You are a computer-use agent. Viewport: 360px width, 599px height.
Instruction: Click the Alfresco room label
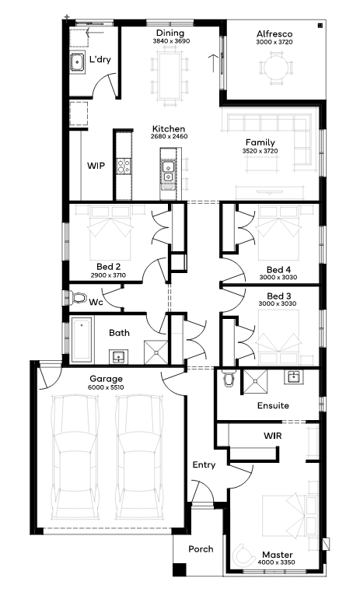point(274,33)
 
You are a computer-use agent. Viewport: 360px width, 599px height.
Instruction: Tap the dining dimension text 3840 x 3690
point(171,41)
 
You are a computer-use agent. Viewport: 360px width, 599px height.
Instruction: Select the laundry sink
point(77,62)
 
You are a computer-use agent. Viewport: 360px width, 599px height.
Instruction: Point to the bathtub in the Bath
point(82,340)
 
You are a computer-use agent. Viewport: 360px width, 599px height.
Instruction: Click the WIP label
point(96,166)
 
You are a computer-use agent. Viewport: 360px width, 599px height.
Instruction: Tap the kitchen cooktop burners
point(124,166)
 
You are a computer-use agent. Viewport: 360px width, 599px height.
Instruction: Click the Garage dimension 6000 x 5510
point(107,387)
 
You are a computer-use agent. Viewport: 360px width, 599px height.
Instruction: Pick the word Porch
point(201,549)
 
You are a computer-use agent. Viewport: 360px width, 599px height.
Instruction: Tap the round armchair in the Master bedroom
point(244,555)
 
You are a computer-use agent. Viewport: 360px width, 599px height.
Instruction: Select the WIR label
point(273,436)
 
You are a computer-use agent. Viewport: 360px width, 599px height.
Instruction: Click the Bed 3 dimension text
point(278,303)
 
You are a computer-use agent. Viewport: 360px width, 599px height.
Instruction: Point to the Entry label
point(204,465)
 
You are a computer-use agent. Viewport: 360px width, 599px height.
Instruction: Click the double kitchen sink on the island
point(168,171)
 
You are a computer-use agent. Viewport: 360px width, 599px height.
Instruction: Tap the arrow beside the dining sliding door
point(213,63)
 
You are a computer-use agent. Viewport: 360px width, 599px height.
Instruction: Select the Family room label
point(260,143)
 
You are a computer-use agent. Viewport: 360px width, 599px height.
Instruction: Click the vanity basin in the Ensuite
point(293,377)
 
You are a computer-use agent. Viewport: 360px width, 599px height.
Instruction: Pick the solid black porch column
point(179,569)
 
